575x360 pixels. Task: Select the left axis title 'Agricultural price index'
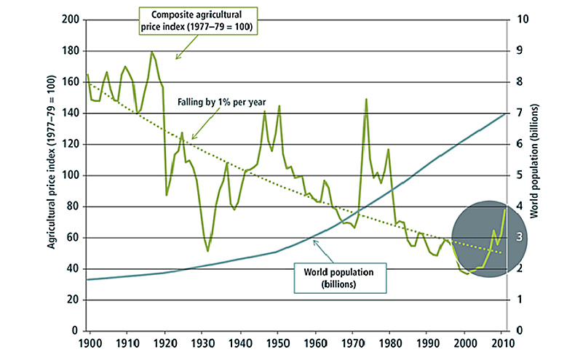click(x=52, y=175)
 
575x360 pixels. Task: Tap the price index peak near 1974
click(x=366, y=99)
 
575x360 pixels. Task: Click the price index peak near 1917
click(x=152, y=52)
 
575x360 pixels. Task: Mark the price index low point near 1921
click(x=167, y=195)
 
